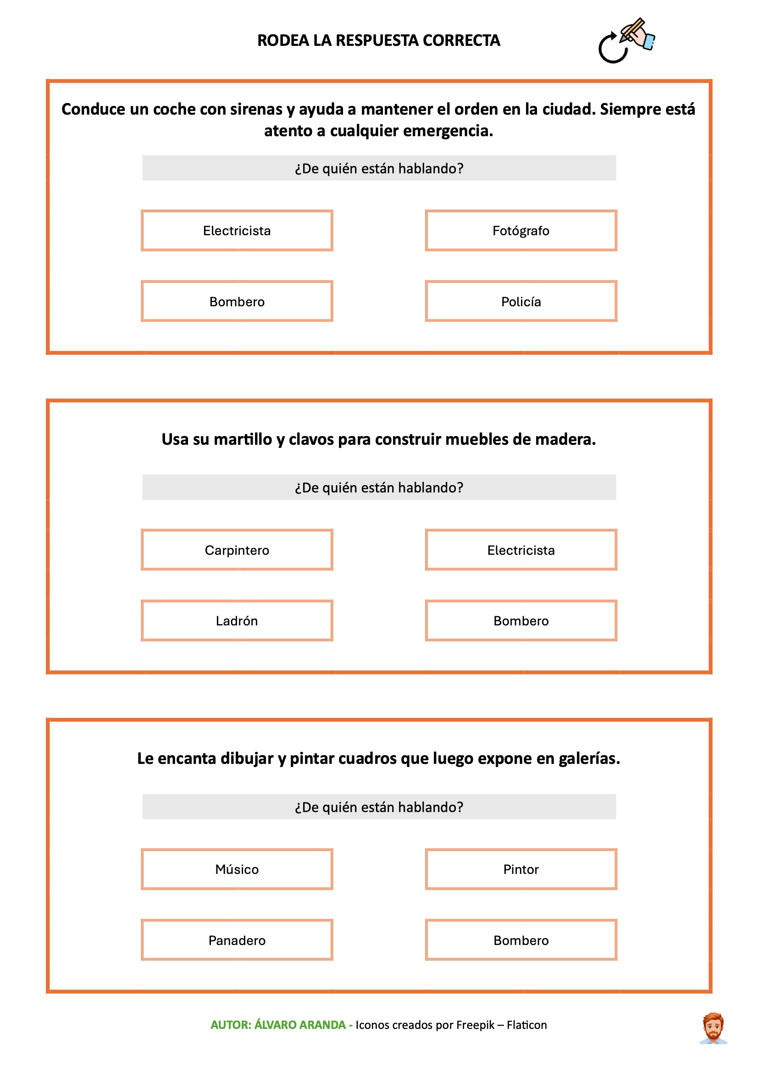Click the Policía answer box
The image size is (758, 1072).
coord(521,301)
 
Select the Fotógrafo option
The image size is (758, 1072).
coord(521,230)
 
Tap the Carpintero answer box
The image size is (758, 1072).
coord(237,550)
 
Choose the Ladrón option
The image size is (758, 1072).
coord(237,620)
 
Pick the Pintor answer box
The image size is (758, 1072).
coord(521,869)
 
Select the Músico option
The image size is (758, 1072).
coord(237,869)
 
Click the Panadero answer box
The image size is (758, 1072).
coord(237,940)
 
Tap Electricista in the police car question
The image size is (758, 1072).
coord(237,230)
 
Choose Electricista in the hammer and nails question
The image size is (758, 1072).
coord(521,550)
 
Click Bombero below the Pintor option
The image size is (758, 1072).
coord(521,940)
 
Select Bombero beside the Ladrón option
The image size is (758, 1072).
coord(521,620)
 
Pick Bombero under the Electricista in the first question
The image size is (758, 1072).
coord(237,301)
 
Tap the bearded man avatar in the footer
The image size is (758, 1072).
coord(713,1028)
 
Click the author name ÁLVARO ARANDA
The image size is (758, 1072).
coord(300,1025)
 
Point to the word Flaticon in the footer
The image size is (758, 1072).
coord(526,1025)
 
